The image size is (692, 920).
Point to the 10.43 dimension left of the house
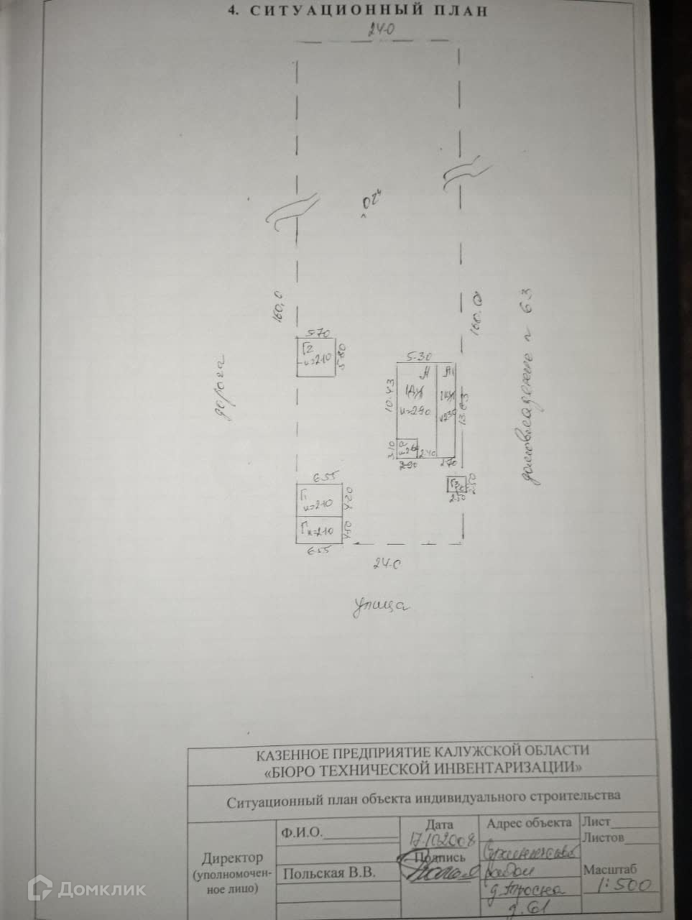[390, 395]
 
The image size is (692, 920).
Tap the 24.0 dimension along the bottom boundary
[385, 565]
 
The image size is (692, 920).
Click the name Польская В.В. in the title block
[328, 873]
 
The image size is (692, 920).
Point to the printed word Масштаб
[609, 869]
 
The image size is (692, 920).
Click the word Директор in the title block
[231, 858]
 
